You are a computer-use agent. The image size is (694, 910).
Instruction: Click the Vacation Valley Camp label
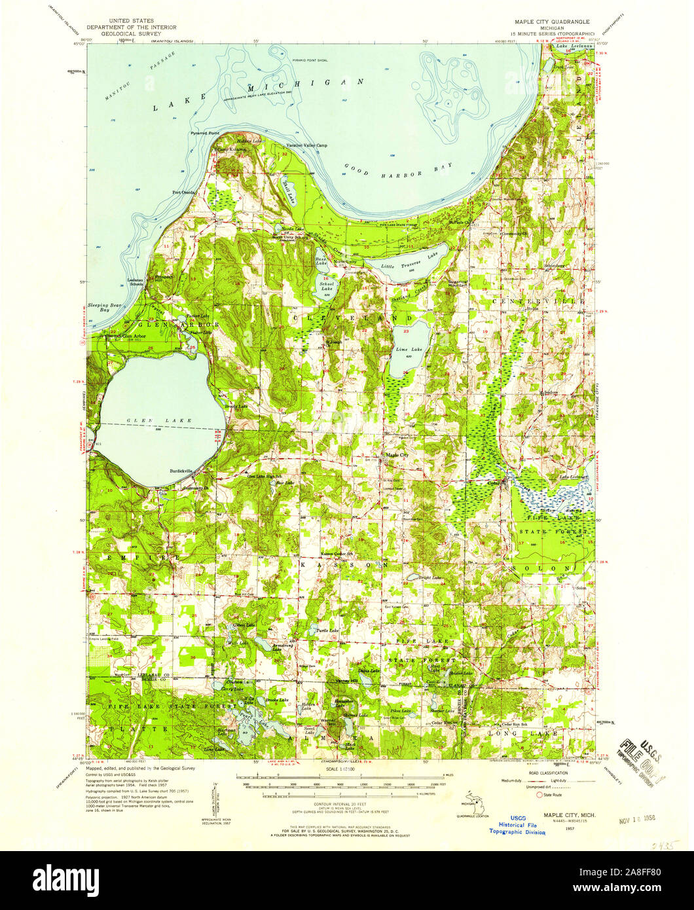306,145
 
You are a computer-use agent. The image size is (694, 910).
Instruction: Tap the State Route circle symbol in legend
540,795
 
